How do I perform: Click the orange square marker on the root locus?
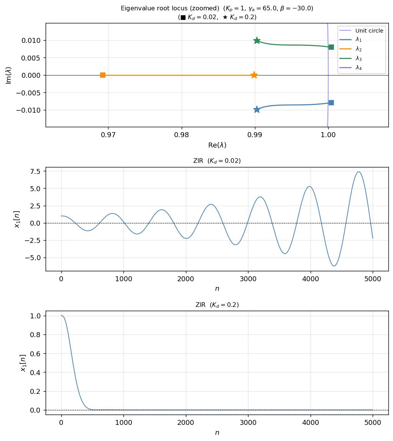point(103,75)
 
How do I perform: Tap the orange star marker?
point(254,75)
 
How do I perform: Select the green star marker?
point(257,41)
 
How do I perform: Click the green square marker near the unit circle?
point(331,47)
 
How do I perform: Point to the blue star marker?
point(257,110)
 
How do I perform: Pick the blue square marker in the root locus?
point(331,103)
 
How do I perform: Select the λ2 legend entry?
point(358,49)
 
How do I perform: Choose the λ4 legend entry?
point(358,68)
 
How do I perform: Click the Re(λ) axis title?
point(217,145)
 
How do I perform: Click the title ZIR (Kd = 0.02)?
point(217,161)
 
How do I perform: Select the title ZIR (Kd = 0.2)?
point(217,305)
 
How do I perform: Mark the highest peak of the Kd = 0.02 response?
point(358,172)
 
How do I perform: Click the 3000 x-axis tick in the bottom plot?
point(248,423)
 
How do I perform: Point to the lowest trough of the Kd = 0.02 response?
point(334,266)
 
